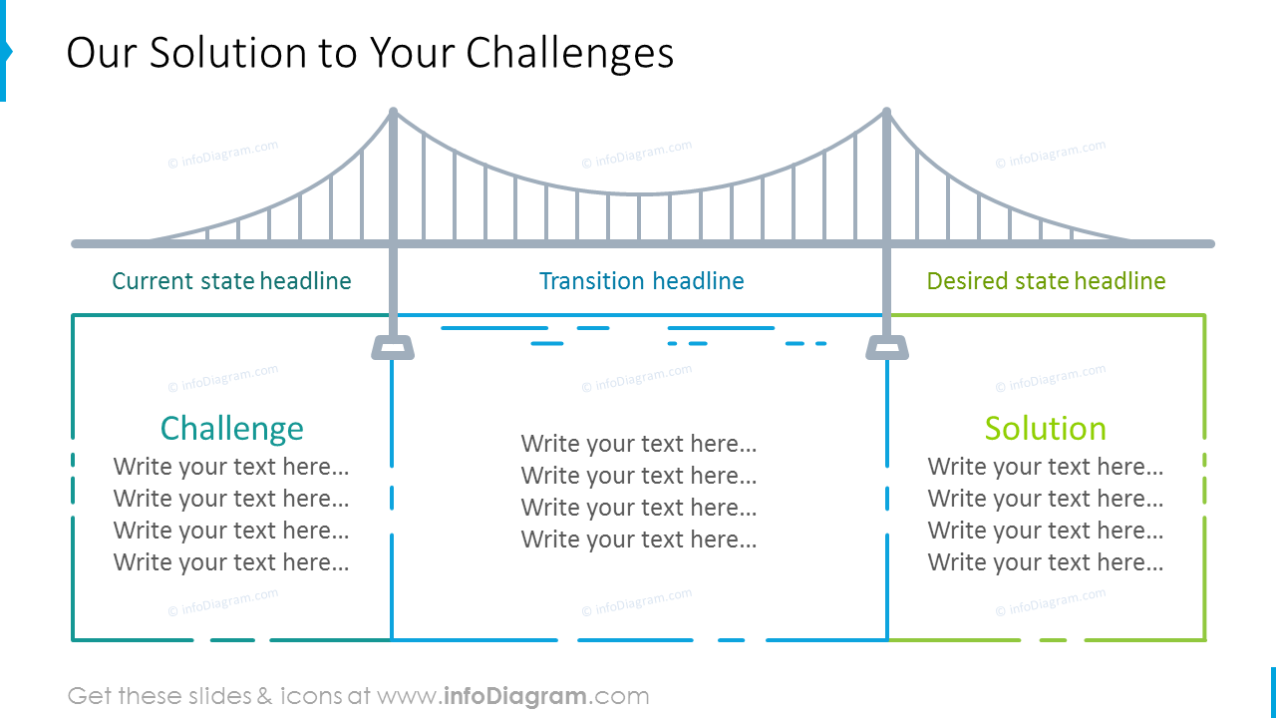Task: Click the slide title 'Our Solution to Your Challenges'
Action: point(370,53)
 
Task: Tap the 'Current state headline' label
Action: point(231,281)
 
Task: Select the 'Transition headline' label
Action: point(641,281)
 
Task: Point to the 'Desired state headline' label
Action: point(1046,281)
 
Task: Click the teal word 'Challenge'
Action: point(231,428)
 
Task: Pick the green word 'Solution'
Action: point(1045,428)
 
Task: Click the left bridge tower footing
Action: point(393,347)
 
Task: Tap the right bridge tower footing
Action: point(886,347)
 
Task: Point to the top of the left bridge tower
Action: point(393,113)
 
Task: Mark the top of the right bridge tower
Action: point(886,113)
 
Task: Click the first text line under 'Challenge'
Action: point(231,467)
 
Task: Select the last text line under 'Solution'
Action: point(1045,562)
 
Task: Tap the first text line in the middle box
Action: point(639,444)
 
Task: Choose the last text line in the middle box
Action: point(639,539)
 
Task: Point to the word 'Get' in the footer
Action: point(89,696)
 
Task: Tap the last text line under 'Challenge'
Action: point(231,562)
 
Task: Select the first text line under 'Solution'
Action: point(1045,467)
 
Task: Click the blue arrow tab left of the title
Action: point(5,52)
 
